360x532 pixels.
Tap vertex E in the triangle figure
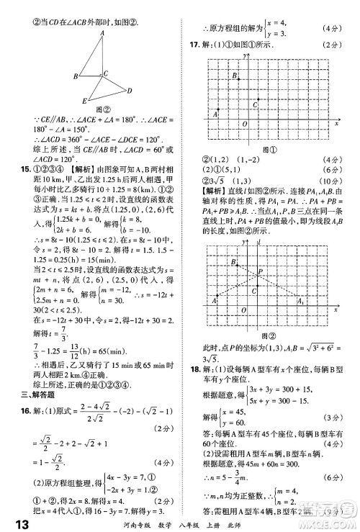(x=85, y=101)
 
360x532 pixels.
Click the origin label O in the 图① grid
(x=243, y=125)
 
